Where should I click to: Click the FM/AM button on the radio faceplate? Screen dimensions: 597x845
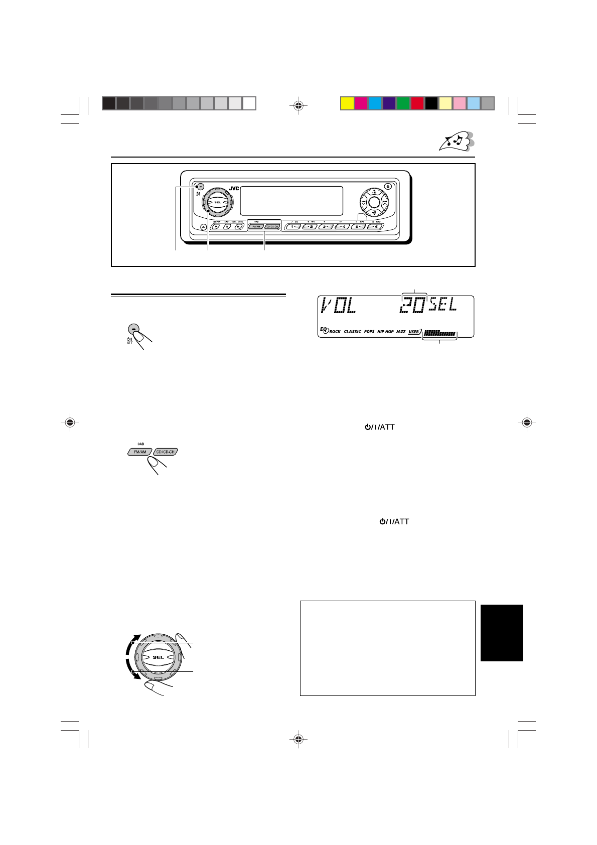click(x=256, y=227)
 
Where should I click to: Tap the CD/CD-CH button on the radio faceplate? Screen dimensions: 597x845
click(x=272, y=227)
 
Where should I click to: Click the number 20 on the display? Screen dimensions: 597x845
click(x=412, y=306)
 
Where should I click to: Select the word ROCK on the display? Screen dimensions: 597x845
click(x=335, y=332)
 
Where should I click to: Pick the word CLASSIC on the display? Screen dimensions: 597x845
click(x=352, y=332)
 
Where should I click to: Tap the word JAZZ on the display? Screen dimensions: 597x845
click(x=400, y=332)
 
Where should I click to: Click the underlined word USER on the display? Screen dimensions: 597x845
click(x=414, y=332)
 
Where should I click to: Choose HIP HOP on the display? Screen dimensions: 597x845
click(x=385, y=332)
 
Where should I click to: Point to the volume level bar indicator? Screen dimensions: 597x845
click(x=439, y=333)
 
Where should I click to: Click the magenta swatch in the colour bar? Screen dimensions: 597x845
click(x=361, y=103)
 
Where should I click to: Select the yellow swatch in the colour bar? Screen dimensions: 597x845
click(x=347, y=103)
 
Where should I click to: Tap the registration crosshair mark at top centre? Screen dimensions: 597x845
click(x=298, y=105)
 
